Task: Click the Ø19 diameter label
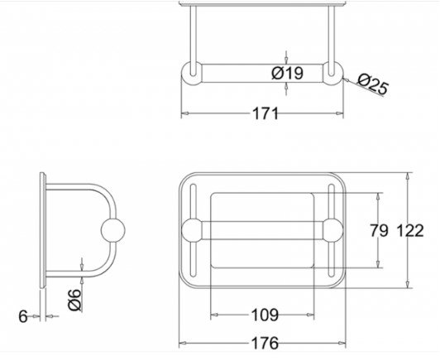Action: [x=287, y=73]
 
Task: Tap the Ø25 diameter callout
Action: [x=373, y=84]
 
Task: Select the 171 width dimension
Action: [x=265, y=113]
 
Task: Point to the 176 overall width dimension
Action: [x=265, y=343]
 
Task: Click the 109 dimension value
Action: [x=265, y=315]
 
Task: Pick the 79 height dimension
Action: [x=379, y=230]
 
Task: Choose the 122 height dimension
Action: [x=409, y=230]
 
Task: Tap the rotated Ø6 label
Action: [x=74, y=300]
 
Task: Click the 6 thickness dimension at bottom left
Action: [x=23, y=316]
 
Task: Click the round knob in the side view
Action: [x=112, y=230]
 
